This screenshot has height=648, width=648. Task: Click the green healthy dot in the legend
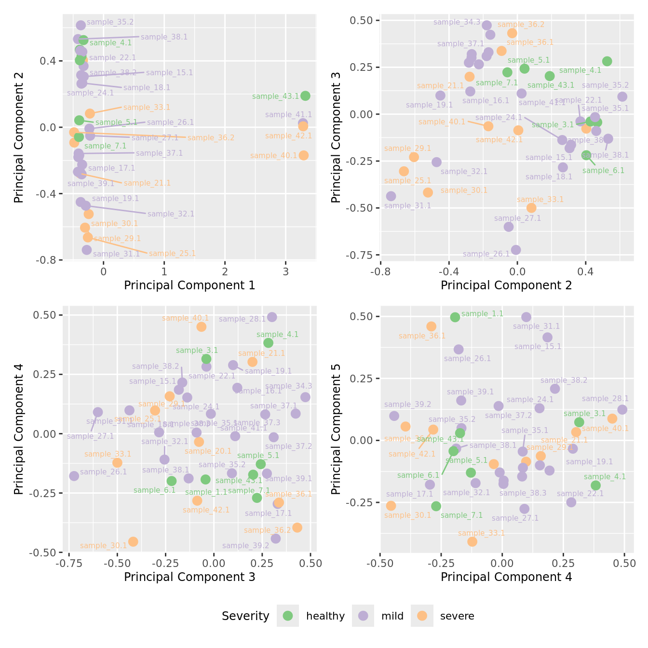pyautogui.click(x=288, y=616)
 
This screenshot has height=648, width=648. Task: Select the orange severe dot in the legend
pyautogui.click(x=422, y=616)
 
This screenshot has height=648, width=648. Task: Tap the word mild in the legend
pyautogui.click(x=392, y=616)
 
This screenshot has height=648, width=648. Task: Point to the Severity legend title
pyautogui.click(x=245, y=616)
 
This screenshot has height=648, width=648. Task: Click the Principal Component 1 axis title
pyautogui.click(x=189, y=285)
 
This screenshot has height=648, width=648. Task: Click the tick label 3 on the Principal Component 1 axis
pyautogui.click(x=285, y=271)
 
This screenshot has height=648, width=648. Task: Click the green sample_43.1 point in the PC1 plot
pyautogui.click(x=305, y=96)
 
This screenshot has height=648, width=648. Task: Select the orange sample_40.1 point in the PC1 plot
pyautogui.click(x=303, y=155)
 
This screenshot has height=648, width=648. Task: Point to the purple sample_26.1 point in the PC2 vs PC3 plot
pyautogui.click(x=516, y=250)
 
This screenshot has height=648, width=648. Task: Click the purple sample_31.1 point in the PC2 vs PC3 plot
pyautogui.click(x=391, y=196)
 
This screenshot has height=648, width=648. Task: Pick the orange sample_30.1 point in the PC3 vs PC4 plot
pyautogui.click(x=133, y=541)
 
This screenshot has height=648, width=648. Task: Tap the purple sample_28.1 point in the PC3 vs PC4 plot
pyautogui.click(x=272, y=317)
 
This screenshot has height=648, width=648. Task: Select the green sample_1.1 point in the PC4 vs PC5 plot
pyautogui.click(x=455, y=317)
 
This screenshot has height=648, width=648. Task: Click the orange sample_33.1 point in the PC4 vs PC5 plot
pyautogui.click(x=472, y=541)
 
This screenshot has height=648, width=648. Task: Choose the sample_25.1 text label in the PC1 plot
pyautogui.click(x=172, y=254)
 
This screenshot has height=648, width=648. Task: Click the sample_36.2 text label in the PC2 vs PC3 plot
pyautogui.click(x=521, y=25)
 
